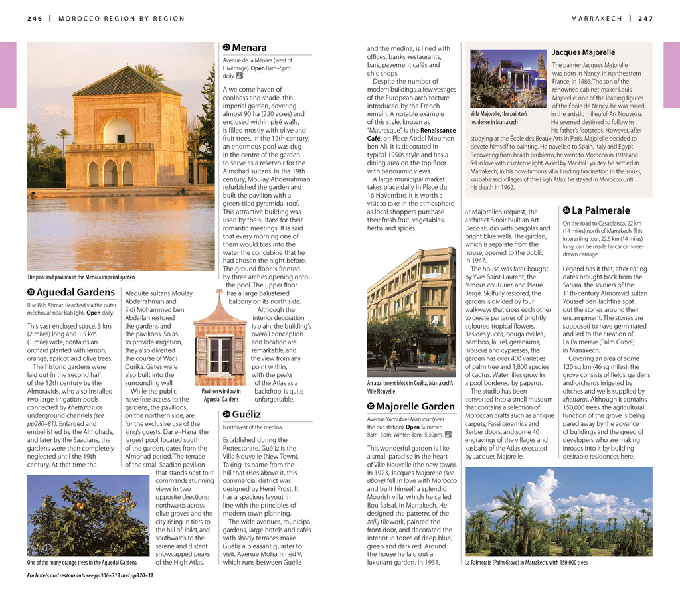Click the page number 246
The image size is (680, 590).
(x=35, y=19)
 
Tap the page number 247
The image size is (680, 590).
(x=645, y=19)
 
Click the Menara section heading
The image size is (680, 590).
(x=249, y=48)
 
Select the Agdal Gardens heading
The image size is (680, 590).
(x=75, y=292)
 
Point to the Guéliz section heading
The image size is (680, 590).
(x=246, y=414)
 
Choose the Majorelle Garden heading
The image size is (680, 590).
(x=415, y=406)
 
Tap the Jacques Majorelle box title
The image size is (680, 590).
(x=583, y=52)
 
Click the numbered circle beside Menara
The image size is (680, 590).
(x=226, y=48)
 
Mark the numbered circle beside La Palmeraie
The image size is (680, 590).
(x=566, y=210)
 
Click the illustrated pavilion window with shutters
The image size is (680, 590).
(x=219, y=352)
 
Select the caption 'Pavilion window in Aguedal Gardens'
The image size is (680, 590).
(x=220, y=395)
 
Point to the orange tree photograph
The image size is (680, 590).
(x=88, y=515)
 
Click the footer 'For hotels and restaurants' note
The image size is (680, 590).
(x=90, y=575)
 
